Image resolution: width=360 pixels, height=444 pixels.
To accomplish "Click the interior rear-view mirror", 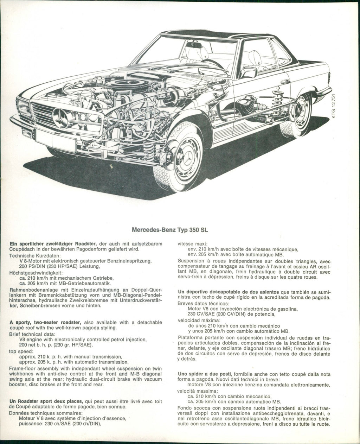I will pos(194,45).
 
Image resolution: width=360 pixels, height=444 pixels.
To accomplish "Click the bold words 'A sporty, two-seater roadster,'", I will pos(46,322).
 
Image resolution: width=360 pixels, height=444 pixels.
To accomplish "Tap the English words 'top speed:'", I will pos(21,351).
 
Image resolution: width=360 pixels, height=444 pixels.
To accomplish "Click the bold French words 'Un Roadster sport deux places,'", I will pos(46,401).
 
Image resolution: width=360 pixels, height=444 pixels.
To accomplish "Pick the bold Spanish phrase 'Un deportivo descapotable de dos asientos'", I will pos(229,292).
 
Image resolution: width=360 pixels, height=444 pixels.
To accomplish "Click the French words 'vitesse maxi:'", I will pos(193,244).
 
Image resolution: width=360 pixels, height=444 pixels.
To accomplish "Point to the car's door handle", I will pos(285,82).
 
